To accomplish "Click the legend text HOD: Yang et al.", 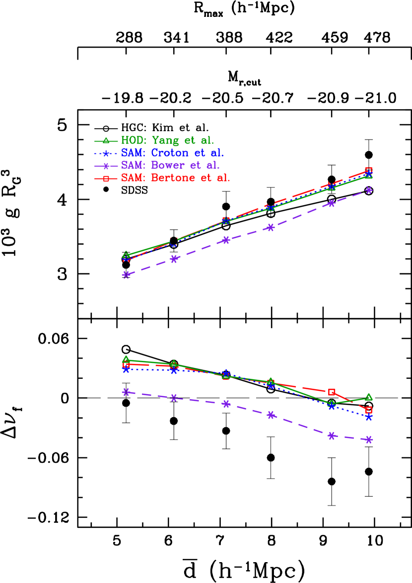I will (x=167, y=141).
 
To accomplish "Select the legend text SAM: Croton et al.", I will (x=173, y=153).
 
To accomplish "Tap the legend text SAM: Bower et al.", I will (x=170, y=165).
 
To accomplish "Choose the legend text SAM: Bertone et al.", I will (x=176, y=178).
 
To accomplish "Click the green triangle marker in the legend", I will (x=106, y=141).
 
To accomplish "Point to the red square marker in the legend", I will (x=106, y=178).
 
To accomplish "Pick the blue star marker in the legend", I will (x=106, y=153).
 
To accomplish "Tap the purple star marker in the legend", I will (x=106, y=166).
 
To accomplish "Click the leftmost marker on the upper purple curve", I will (x=126, y=275).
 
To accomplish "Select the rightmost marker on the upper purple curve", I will (x=369, y=190).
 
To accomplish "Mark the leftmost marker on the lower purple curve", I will (x=126, y=392).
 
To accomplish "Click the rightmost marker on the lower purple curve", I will (x=369, y=439).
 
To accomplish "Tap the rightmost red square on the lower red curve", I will (x=369, y=410).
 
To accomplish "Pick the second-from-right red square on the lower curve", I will (x=332, y=392).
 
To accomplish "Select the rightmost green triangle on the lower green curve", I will (x=369, y=397).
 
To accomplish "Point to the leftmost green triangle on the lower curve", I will (x=126, y=360).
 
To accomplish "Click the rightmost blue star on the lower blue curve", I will (x=369, y=417).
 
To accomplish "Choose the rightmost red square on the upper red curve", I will (x=369, y=170).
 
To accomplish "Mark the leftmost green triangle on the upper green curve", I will (x=126, y=255).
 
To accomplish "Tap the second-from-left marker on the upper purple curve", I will (x=174, y=259).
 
